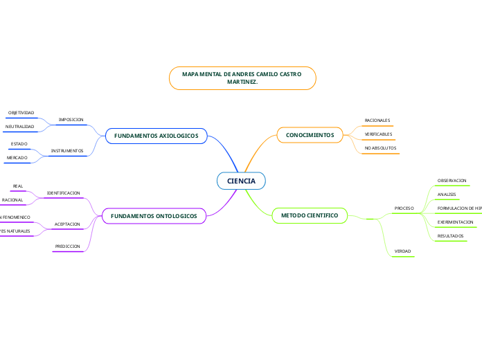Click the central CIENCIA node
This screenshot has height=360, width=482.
pyautogui.click(x=241, y=181)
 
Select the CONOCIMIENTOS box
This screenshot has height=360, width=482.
pyautogui.click(x=310, y=135)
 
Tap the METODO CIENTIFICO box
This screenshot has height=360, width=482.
pyautogui.click(x=310, y=216)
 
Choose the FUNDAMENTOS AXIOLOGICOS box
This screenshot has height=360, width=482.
pyautogui.click(x=156, y=136)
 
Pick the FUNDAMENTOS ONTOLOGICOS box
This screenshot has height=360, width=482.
pyautogui.click(x=154, y=216)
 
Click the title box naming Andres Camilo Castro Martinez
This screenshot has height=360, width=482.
pyautogui.click(x=242, y=78)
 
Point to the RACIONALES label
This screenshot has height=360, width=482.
pyautogui.click(x=377, y=120)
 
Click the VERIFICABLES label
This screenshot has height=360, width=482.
pyautogui.click(x=378, y=134)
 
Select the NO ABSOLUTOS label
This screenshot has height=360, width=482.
pyautogui.click(x=380, y=148)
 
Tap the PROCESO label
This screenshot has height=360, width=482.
pyautogui.click(x=404, y=208)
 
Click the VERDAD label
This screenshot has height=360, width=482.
pyautogui.click(x=402, y=251)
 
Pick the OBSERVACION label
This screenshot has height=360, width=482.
pyautogui.click(x=452, y=180)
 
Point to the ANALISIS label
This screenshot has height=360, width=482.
pyautogui.click(x=447, y=194)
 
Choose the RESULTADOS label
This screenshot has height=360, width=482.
pyautogui.click(x=451, y=236)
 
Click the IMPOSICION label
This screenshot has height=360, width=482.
pyautogui.click(x=71, y=120)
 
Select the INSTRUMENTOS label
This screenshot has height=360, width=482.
pyautogui.click(x=67, y=150)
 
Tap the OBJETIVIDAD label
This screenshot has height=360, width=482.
pyautogui.click(x=21, y=112)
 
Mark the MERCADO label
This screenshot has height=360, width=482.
pyautogui.click(x=17, y=158)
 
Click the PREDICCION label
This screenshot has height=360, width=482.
pyautogui.click(x=68, y=246)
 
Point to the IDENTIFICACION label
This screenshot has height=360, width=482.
pyautogui.click(x=63, y=193)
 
